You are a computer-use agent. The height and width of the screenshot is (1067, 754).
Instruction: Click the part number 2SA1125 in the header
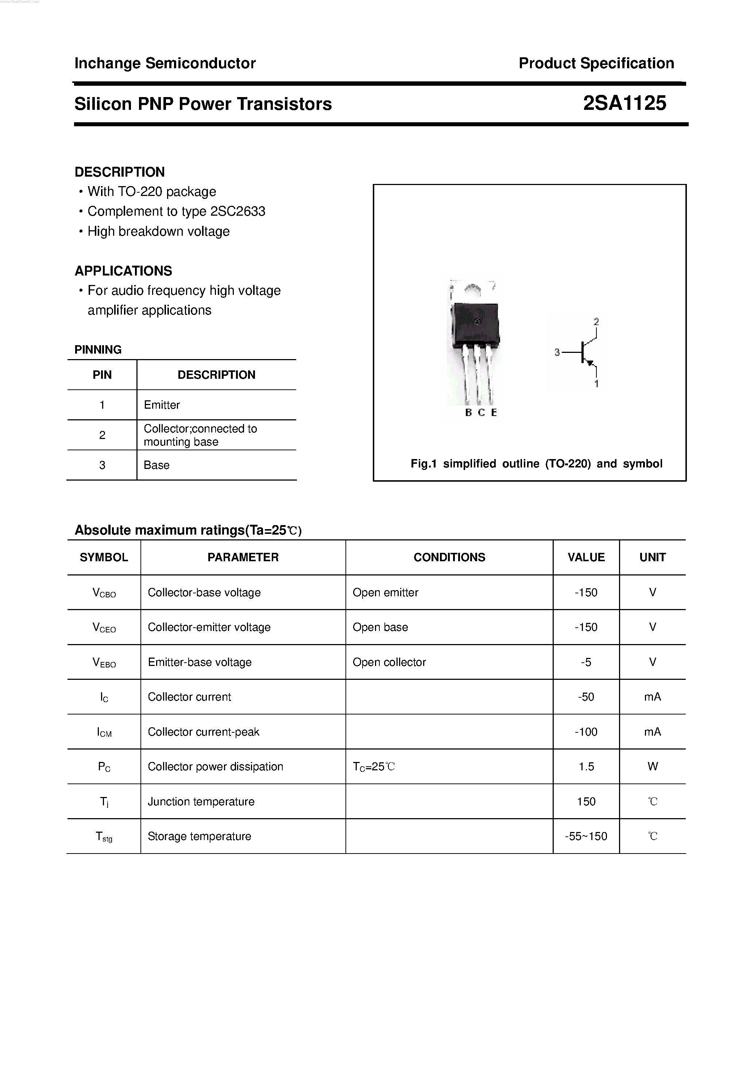pyautogui.click(x=625, y=103)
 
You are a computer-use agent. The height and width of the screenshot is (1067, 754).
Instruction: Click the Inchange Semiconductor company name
pyautogui.click(x=165, y=63)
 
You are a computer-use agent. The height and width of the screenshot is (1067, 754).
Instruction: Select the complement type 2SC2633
pyautogui.click(x=237, y=211)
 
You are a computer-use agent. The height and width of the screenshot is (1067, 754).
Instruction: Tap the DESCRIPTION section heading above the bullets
pyautogui.click(x=119, y=172)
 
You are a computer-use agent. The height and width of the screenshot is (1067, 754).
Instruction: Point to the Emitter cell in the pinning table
pyautogui.click(x=162, y=405)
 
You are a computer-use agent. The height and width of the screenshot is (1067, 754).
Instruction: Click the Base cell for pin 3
pyautogui.click(x=156, y=465)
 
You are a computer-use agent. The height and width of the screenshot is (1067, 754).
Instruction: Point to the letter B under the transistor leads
pyautogui.click(x=468, y=413)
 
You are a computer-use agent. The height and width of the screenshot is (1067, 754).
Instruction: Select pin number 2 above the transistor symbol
pyautogui.click(x=596, y=321)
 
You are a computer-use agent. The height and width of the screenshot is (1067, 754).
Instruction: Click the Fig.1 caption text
pyautogui.click(x=536, y=464)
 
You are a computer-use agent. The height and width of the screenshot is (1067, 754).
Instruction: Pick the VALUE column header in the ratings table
pyautogui.click(x=586, y=557)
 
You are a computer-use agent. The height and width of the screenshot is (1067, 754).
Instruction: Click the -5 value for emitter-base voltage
pyautogui.click(x=586, y=662)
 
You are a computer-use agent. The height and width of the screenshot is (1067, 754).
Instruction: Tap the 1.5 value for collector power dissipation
pyautogui.click(x=586, y=767)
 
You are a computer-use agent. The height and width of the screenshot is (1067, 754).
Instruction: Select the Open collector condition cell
pyautogui.click(x=389, y=662)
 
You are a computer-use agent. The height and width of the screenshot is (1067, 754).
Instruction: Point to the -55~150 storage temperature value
pyautogui.click(x=586, y=836)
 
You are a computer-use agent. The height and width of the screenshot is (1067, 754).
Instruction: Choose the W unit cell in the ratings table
pyautogui.click(x=652, y=767)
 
